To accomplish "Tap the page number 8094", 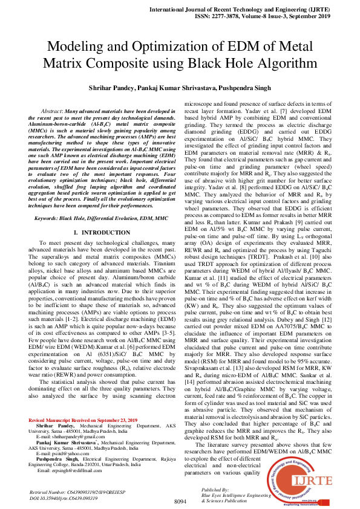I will coord(180,502).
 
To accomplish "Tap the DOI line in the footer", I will coord(65,498).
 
